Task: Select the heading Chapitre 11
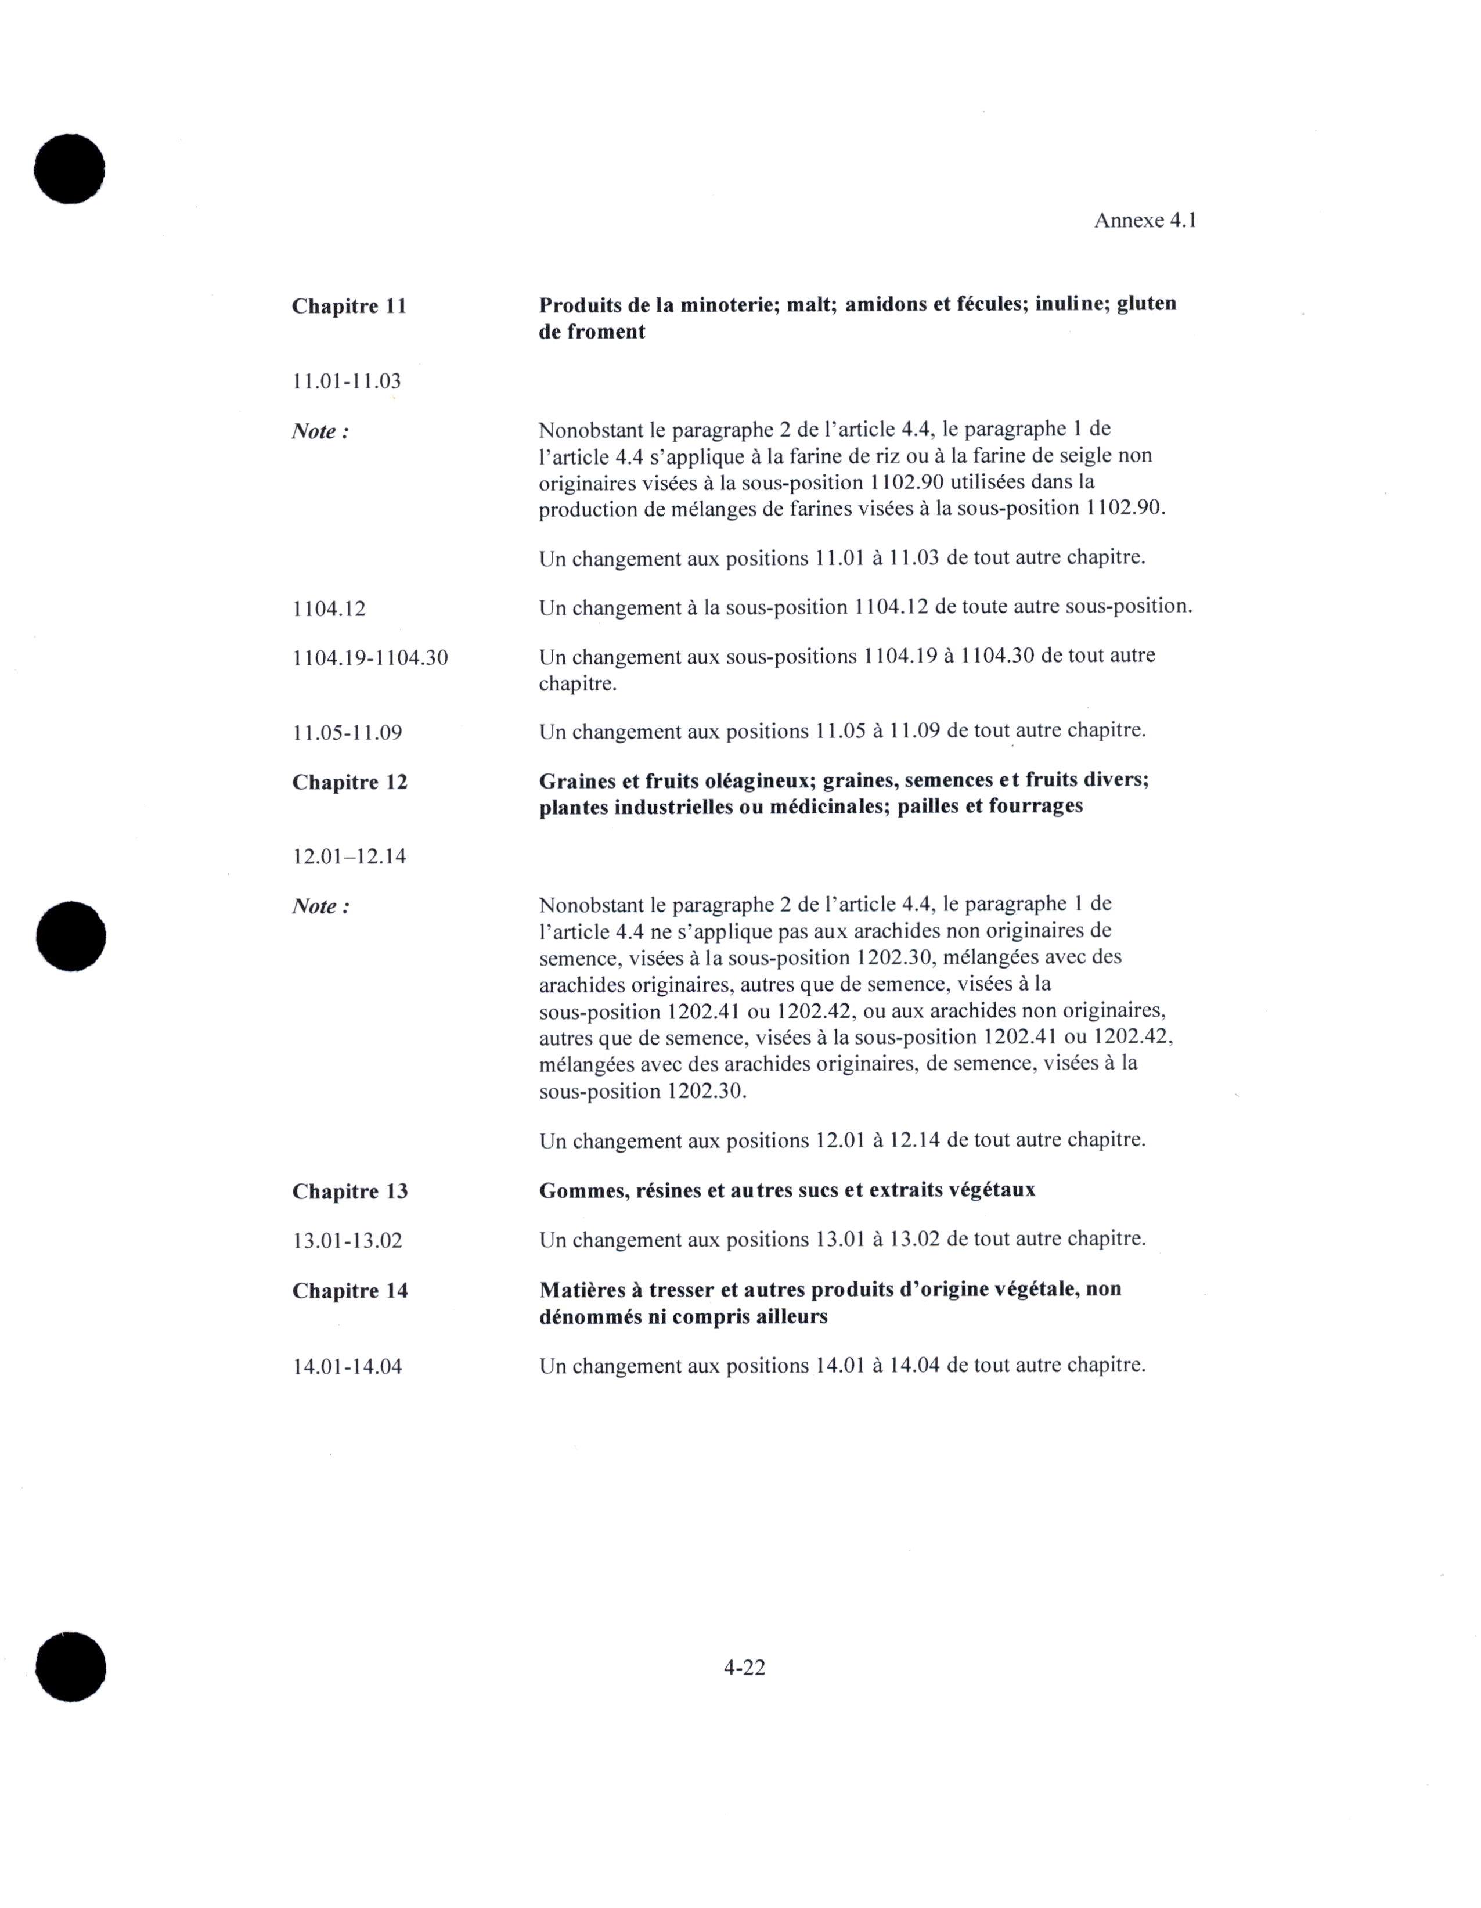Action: [349, 307]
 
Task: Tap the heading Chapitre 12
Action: [349, 782]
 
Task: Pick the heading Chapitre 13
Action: [349, 1191]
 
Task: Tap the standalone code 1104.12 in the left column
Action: [329, 608]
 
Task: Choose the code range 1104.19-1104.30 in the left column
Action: [370, 658]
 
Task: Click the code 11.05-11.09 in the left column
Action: [347, 732]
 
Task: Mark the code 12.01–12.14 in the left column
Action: [349, 856]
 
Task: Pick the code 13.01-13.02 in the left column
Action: [347, 1241]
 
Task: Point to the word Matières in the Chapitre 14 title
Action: [582, 1290]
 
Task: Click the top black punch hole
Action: [70, 168]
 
